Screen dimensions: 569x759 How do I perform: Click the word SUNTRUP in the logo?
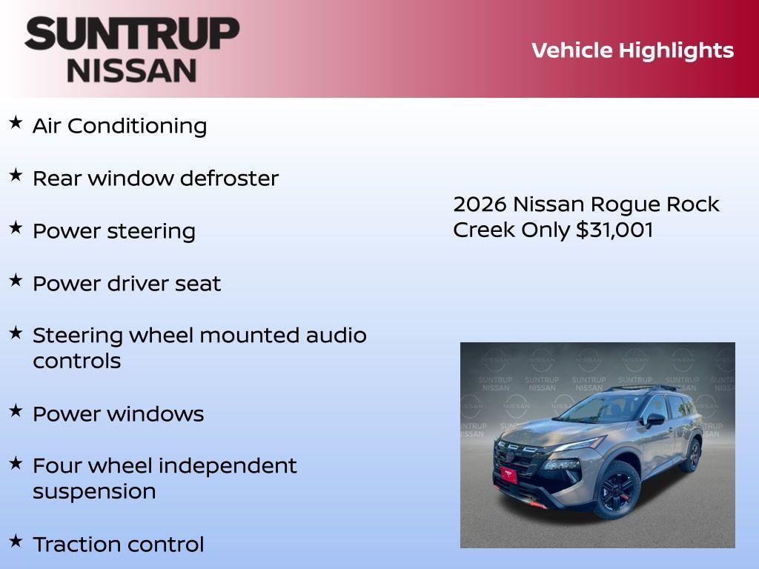(x=132, y=33)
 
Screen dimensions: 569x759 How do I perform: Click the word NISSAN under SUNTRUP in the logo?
(x=132, y=70)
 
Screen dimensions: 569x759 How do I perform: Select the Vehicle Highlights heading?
(x=632, y=50)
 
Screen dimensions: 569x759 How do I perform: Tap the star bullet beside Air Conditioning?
(x=16, y=122)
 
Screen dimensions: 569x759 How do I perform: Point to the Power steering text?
(x=114, y=231)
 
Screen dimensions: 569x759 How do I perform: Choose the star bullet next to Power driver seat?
(x=16, y=280)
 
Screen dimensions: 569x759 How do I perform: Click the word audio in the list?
(x=336, y=336)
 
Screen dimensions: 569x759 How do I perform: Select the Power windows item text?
(x=118, y=414)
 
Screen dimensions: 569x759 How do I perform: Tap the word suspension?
(x=94, y=492)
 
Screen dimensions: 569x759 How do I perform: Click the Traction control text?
(x=118, y=545)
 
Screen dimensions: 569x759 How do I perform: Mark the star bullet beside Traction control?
(x=16, y=541)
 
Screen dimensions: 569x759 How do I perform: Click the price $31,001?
(x=614, y=230)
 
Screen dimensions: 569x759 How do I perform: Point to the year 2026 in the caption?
(x=480, y=204)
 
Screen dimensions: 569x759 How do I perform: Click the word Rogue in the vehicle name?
(x=629, y=204)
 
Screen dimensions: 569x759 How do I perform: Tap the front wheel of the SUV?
(x=617, y=488)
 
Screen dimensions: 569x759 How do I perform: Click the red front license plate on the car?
(x=508, y=474)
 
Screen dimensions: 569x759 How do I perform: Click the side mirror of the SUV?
(x=655, y=419)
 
